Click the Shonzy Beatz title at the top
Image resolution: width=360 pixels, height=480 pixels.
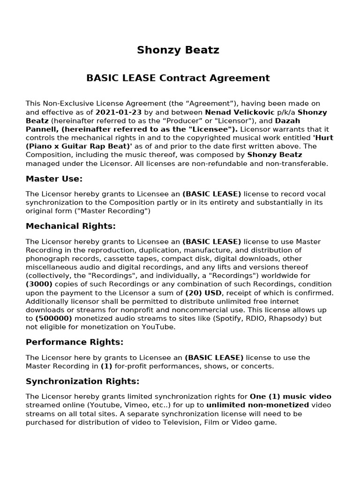[x=178, y=50]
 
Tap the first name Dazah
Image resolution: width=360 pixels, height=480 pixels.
[x=288, y=121]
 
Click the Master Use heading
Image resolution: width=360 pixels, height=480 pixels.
[x=54, y=179]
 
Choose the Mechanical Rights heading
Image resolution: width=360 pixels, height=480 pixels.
[x=70, y=226]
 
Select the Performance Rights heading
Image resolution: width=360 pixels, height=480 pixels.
[x=75, y=342]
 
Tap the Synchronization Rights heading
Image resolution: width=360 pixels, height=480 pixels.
[x=82, y=381]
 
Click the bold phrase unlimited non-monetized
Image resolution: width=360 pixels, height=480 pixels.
[x=257, y=405]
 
